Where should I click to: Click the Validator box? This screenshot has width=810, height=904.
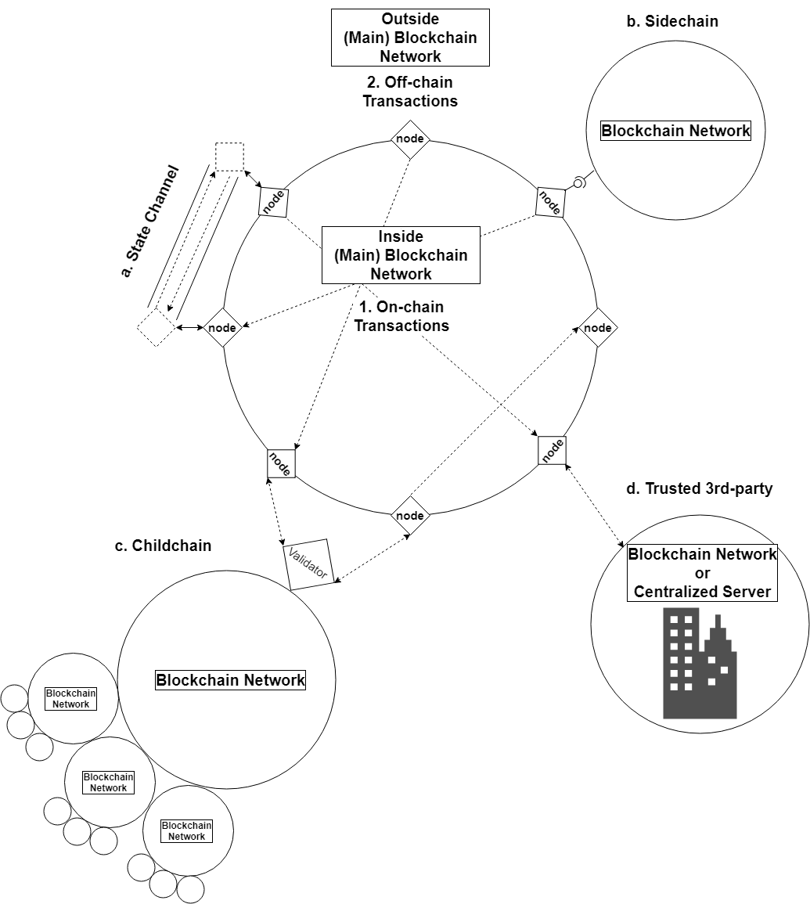tap(308, 564)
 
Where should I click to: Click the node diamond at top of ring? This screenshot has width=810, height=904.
tap(410, 139)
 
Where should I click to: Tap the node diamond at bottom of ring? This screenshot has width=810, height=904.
tap(410, 516)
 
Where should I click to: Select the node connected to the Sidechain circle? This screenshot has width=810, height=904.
tap(550, 202)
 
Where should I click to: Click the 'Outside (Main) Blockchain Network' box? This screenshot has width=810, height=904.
tap(411, 37)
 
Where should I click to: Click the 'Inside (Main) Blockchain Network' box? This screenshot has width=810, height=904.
tap(401, 255)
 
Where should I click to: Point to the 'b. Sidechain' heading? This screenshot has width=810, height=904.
tap(672, 22)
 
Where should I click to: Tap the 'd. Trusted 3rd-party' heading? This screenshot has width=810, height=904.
tap(699, 489)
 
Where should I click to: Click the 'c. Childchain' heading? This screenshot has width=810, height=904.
tap(163, 546)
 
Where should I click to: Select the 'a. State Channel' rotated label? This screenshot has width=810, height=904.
tap(150, 221)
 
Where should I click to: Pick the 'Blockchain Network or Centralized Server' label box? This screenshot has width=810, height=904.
tap(702, 573)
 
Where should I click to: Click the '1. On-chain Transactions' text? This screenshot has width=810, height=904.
tap(401, 316)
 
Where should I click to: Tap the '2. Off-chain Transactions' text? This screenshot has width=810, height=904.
tap(410, 92)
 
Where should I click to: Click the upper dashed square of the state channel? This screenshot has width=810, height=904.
tap(229, 157)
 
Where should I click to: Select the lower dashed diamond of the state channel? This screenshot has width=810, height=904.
tap(157, 327)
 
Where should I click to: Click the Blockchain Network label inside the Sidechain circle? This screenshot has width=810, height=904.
tap(675, 131)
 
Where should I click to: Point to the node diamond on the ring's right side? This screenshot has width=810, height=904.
tap(598, 328)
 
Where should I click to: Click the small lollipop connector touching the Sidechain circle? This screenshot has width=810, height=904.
tap(578, 183)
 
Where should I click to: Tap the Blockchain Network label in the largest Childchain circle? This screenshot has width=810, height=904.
tap(230, 680)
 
